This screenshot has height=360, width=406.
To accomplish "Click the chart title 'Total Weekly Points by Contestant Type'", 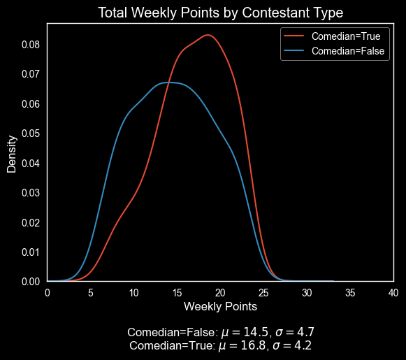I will tap(220, 13).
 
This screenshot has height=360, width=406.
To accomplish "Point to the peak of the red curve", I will tap(208, 35).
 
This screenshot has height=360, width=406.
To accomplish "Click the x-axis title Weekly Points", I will tap(220, 306).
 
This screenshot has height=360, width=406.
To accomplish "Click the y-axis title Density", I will tap(13, 152).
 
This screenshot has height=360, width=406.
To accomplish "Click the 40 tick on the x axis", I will tap(393, 292).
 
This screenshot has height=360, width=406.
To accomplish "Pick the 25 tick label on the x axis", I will tap(263, 292).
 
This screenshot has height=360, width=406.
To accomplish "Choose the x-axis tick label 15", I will tap(177, 292).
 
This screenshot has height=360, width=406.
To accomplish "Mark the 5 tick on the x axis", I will tap(91, 292).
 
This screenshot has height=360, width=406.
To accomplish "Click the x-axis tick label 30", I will tap(307, 292).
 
